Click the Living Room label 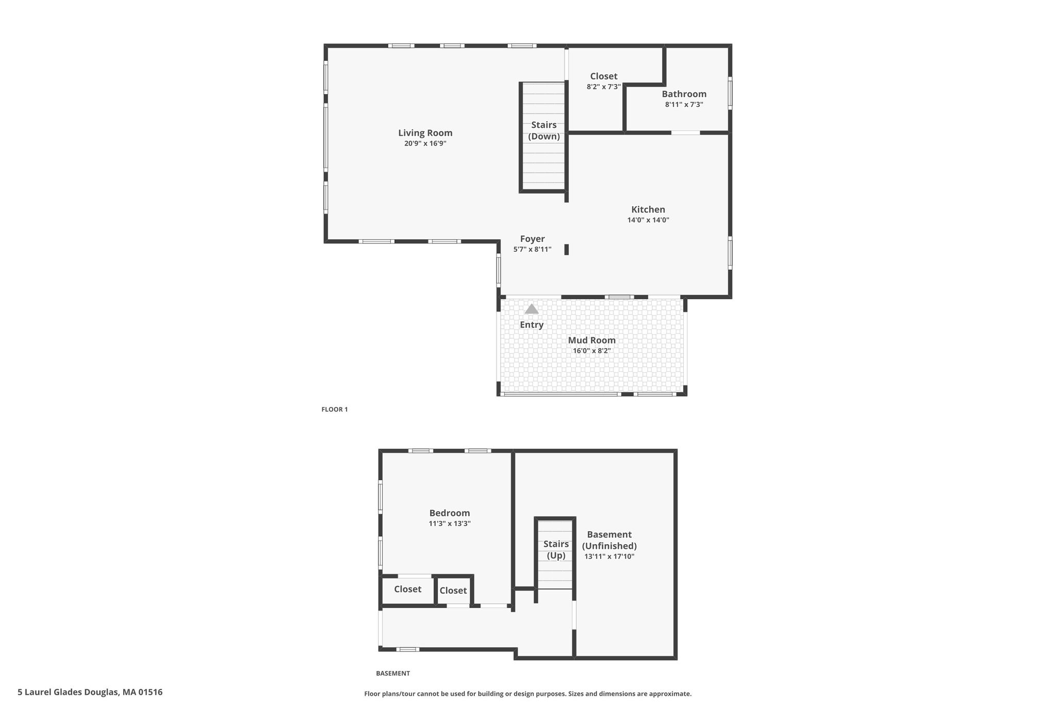(x=425, y=133)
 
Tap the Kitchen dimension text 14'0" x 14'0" (x=648, y=220)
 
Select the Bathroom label (x=684, y=94)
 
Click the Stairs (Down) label (x=544, y=130)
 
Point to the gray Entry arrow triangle (x=532, y=309)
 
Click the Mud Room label (x=592, y=340)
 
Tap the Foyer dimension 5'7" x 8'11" (x=532, y=250)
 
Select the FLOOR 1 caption (x=335, y=410)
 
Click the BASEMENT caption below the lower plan (x=393, y=673)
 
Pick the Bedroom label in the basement (x=450, y=513)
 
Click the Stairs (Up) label (x=556, y=550)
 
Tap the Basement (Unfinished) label (x=609, y=541)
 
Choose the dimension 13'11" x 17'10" (x=609, y=556)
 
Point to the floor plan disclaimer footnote (x=528, y=694)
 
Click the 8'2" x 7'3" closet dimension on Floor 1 (x=604, y=87)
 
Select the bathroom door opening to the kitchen (x=685, y=133)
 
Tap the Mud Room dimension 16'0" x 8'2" (x=592, y=351)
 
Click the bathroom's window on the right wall (x=730, y=93)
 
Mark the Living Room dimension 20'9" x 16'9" (x=425, y=144)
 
